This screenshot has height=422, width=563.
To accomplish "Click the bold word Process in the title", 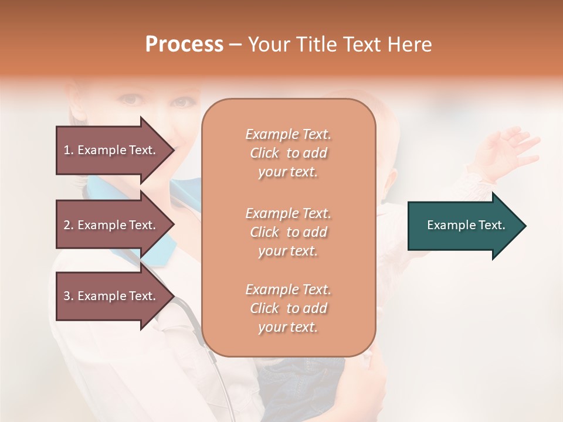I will [184, 45].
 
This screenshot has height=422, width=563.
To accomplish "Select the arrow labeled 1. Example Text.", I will [111, 150].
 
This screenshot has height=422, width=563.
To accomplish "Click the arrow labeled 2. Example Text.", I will [111, 225].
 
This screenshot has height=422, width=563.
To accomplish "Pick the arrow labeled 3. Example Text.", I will [111, 296].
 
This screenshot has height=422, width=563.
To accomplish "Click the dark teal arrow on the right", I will [463, 226].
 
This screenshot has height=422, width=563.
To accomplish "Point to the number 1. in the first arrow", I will [69, 150].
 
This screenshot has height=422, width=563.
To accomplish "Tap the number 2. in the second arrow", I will [69, 225].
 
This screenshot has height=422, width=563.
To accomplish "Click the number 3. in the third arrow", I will [69, 296].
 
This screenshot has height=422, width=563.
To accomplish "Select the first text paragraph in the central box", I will [288, 153].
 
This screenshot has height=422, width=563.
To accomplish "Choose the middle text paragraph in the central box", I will [288, 232].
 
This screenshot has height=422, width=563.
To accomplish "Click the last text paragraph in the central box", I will [288, 308].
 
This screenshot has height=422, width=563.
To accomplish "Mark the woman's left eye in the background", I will [182, 102].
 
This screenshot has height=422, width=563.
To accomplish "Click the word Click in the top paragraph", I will [264, 153].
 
